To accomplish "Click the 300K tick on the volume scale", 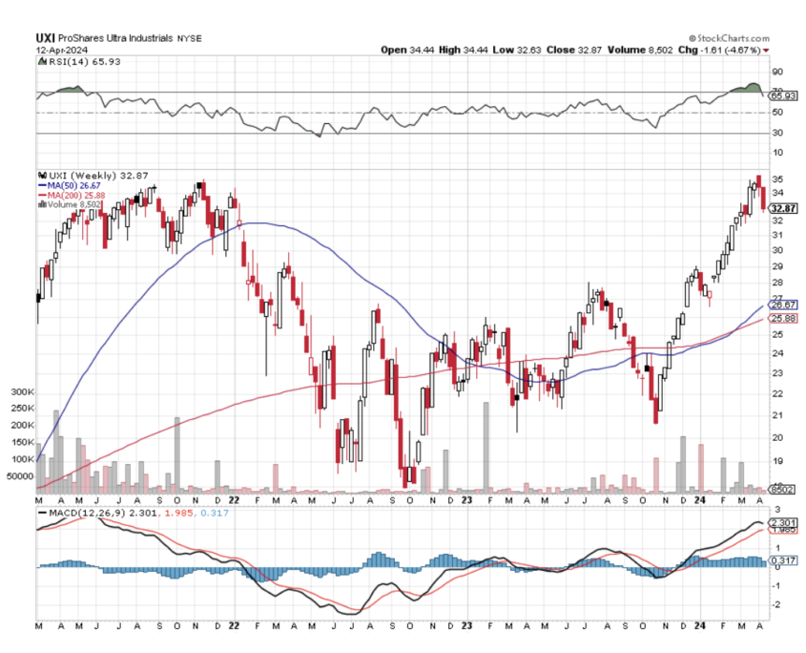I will coord(22,392).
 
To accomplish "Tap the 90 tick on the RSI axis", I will coord(777,72).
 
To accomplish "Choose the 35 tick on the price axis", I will coord(777,179).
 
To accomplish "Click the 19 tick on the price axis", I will coord(777,460).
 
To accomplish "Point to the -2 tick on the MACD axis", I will coord(776,604).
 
